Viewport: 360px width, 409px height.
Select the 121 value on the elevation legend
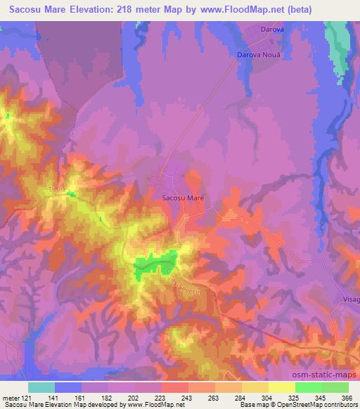[x=27, y=397]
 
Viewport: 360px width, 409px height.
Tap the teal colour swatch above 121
[x=41, y=387]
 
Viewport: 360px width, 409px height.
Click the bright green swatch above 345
[x=308, y=387]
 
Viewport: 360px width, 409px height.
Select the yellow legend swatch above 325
[x=281, y=387]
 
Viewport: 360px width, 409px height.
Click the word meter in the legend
[x=11, y=397]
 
